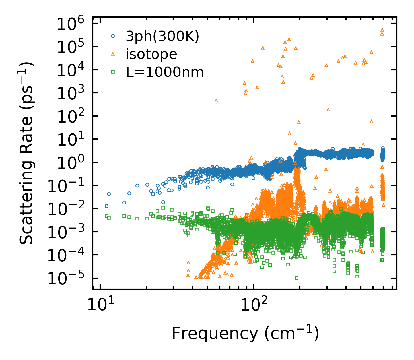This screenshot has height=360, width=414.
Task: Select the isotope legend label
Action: click(151, 54)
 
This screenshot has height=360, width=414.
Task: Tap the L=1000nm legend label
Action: click(165, 72)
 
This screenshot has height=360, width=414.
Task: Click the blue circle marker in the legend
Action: click(113, 36)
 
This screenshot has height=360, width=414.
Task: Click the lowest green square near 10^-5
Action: click(296, 278)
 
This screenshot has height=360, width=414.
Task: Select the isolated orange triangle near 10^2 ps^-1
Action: click(328, 109)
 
